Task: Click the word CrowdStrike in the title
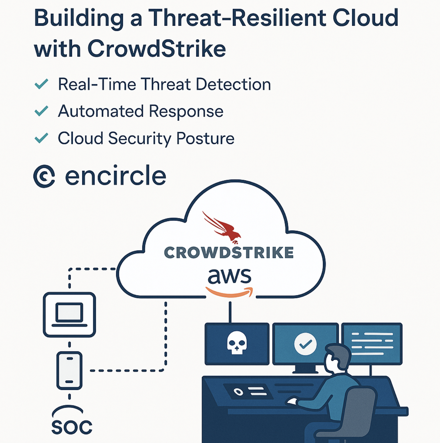coord(157,49)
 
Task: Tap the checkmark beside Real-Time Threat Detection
coord(41,84)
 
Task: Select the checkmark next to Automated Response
coord(41,111)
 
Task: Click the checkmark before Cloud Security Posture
coord(41,138)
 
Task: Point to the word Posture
coord(206,138)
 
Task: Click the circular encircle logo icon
coord(44,176)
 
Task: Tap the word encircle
coord(115,175)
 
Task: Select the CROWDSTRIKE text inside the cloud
coord(229,252)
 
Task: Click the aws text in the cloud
coord(229,276)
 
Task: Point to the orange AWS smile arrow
coord(229,292)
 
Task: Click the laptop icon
coord(69,315)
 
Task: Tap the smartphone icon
coord(69,371)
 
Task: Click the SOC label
coord(72,427)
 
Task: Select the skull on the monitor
coord(237,342)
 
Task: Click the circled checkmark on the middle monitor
coord(306,344)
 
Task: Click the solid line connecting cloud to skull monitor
coord(230,312)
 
